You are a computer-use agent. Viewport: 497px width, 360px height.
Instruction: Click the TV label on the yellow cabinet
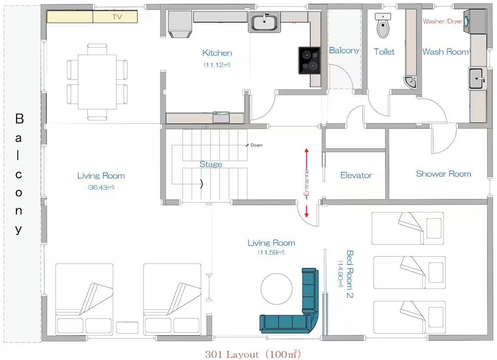point(117,16)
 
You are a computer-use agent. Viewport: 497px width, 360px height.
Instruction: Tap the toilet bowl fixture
point(383,27)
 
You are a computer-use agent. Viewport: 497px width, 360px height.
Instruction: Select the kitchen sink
point(264,22)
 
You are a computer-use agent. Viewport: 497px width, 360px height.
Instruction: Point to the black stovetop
point(309,61)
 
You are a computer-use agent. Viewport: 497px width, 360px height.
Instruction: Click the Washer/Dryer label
point(442,21)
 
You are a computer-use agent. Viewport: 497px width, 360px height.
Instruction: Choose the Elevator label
point(356,175)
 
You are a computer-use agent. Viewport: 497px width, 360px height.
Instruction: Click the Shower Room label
point(443,174)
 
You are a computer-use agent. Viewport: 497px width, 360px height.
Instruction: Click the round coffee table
point(277,288)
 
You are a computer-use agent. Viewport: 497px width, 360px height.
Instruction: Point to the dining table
point(97,82)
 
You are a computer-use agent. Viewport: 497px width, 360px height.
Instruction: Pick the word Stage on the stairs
point(211,164)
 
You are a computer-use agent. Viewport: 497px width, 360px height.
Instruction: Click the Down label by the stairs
point(256,145)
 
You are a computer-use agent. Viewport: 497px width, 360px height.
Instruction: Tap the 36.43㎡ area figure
point(101,187)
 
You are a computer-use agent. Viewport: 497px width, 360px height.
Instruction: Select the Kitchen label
point(217,53)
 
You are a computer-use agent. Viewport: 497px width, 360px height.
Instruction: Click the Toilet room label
point(384,51)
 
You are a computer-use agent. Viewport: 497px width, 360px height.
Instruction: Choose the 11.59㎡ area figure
point(271,252)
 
